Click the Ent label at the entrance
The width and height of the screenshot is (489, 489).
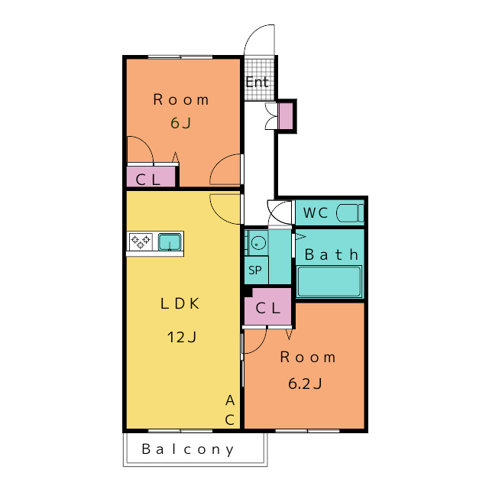[257, 82]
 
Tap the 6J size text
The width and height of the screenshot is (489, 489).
[180, 123]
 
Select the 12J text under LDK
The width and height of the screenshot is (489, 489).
[182, 337]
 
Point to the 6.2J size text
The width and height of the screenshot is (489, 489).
[305, 384]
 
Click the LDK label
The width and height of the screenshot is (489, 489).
[180, 303]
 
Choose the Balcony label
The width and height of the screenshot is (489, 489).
[188, 449]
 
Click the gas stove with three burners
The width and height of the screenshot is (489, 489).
[141, 241]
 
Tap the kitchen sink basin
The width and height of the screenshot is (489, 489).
[170, 242]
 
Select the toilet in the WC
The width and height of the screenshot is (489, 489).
[350, 212]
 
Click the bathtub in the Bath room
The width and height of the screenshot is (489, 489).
[329, 281]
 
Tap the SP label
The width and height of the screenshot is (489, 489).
[255, 270]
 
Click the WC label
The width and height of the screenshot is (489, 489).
[316, 213]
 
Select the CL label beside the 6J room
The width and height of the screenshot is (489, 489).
[148, 180]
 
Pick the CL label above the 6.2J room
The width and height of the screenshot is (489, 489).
[268, 309]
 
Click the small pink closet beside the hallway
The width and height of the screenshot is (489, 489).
[286, 115]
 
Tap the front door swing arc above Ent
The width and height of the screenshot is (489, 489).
[253, 34]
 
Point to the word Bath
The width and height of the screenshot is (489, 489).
[331, 254]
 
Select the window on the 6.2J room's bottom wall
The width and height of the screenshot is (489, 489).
[307, 431]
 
